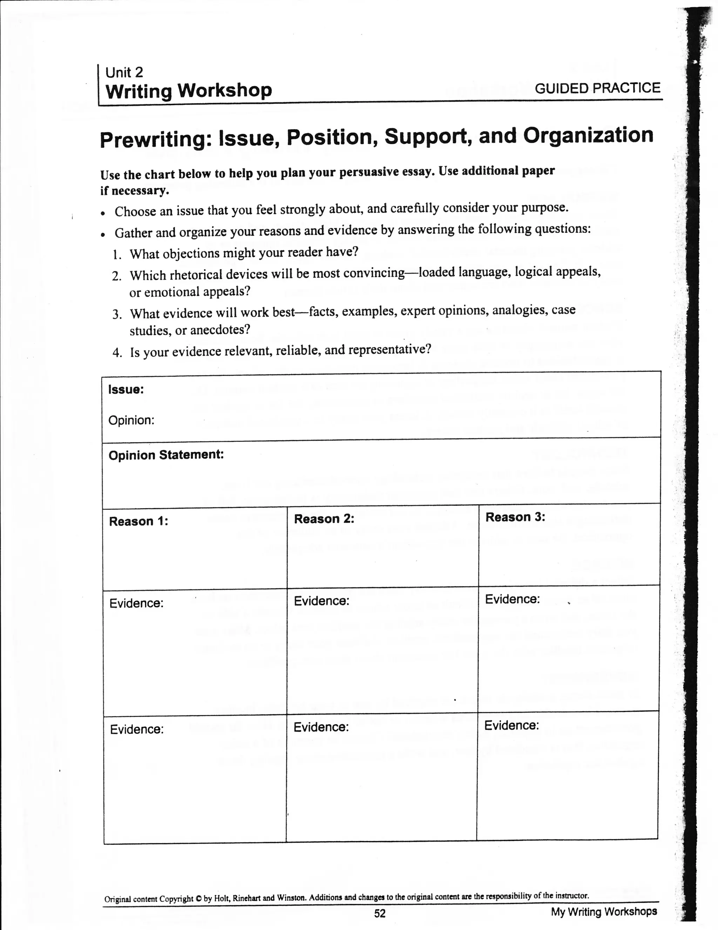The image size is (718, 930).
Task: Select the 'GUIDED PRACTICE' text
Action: click(x=597, y=88)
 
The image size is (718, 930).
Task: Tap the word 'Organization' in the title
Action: click(x=588, y=135)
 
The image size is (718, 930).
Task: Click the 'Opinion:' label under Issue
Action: click(x=131, y=420)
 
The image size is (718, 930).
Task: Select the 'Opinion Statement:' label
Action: click(x=166, y=455)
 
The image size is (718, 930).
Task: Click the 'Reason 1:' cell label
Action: click(x=138, y=521)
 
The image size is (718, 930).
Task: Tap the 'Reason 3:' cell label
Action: click(x=515, y=517)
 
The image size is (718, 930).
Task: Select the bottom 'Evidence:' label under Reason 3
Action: click(x=512, y=725)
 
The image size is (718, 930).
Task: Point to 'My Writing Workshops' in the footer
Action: click(x=603, y=911)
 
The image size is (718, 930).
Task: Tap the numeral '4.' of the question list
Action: click(x=117, y=353)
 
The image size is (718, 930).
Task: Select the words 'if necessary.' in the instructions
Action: click(x=135, y=191)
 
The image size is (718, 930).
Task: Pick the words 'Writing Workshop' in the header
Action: click(x=189, y=91)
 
